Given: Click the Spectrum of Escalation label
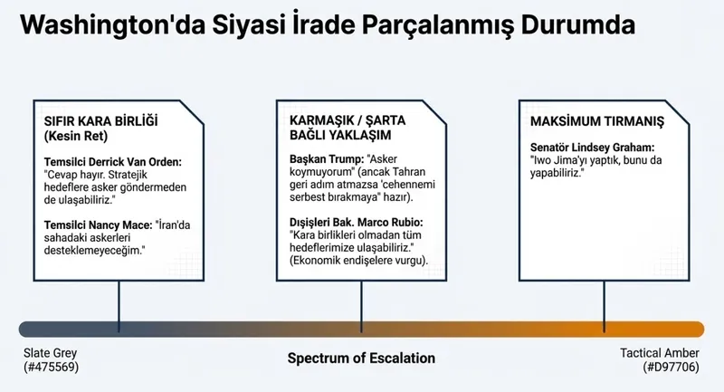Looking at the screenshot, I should [x=361, y=358].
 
